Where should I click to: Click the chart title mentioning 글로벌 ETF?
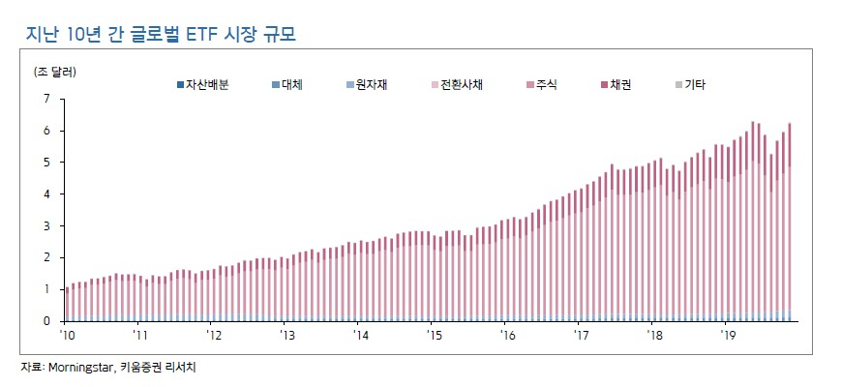click(161, 34)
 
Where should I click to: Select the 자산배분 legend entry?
click(203, 85)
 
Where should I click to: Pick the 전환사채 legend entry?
click(458, 85)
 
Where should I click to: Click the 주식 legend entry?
click(542, 85)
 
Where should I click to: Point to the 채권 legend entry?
click(616, 85)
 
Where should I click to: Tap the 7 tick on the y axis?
click(53, 99)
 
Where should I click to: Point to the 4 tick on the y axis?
click(53, 194)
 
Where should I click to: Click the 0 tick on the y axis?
click(53, 321)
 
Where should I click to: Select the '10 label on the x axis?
click(67, 336)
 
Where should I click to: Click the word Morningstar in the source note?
click(77, 369)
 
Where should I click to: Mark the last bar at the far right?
click(790, 223)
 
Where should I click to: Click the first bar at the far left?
click(68, 305)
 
